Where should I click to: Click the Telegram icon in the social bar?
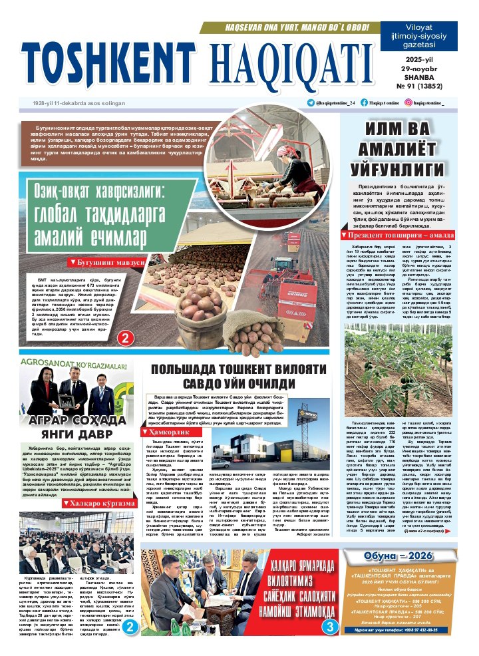pyautogui.click(x=311, y=102)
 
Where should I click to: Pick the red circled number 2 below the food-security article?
pyautogui.click(x=124, y=339)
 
